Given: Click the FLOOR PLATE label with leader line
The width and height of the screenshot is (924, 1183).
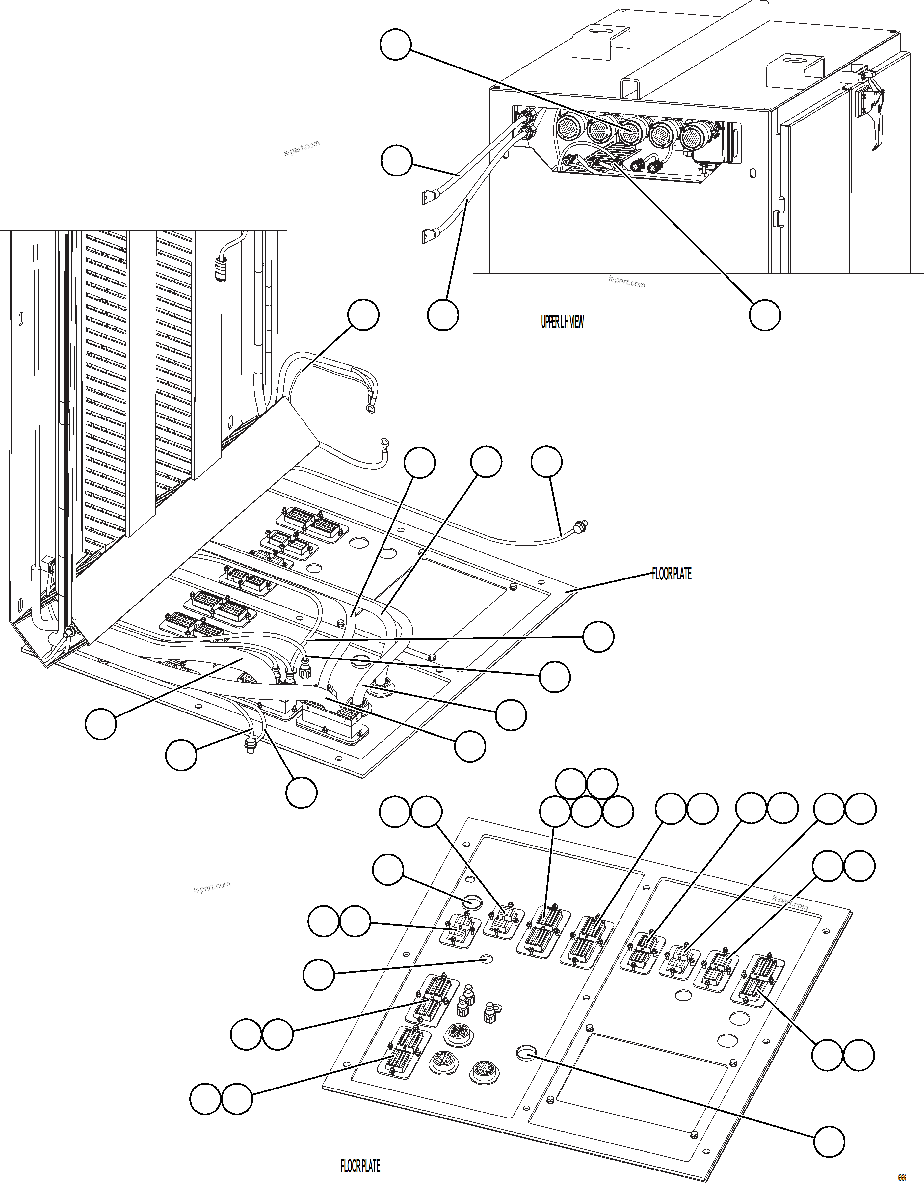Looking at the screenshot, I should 671,574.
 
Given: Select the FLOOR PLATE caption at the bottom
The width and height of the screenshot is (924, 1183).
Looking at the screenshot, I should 360,1166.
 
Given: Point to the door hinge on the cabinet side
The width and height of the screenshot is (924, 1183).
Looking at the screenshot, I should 778,212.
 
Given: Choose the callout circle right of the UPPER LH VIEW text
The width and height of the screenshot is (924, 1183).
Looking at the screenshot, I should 765,314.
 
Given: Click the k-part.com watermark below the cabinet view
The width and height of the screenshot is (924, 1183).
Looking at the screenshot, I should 627,282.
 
